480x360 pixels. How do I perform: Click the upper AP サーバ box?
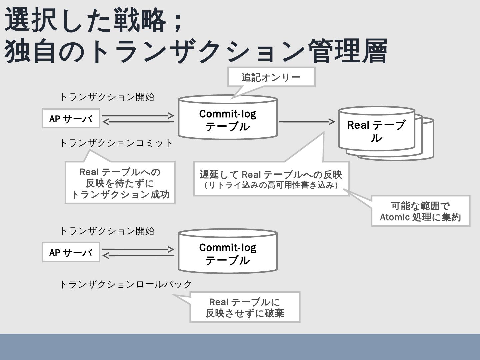tap(71, 118)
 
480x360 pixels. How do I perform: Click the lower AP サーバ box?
tap(71, 252)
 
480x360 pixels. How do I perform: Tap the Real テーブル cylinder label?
tap(376, 131)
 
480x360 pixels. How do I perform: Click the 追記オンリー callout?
tap(271, 77)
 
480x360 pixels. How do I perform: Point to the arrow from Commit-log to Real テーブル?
tap(307, 122)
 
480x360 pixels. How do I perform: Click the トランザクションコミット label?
tap(116, 143)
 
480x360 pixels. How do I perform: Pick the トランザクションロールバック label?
tap(125, 284)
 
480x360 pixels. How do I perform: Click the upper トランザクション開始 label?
tap(107, 97)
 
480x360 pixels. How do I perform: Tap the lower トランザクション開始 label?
tap(107, 231)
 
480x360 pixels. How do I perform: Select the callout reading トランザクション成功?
tap(120, 183)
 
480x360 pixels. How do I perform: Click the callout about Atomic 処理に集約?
tap(420, 211)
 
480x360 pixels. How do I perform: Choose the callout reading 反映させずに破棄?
tap(245, 307)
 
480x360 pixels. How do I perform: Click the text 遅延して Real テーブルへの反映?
tap(271, 174)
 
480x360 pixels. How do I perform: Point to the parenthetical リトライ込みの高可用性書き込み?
tap(271, 185)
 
